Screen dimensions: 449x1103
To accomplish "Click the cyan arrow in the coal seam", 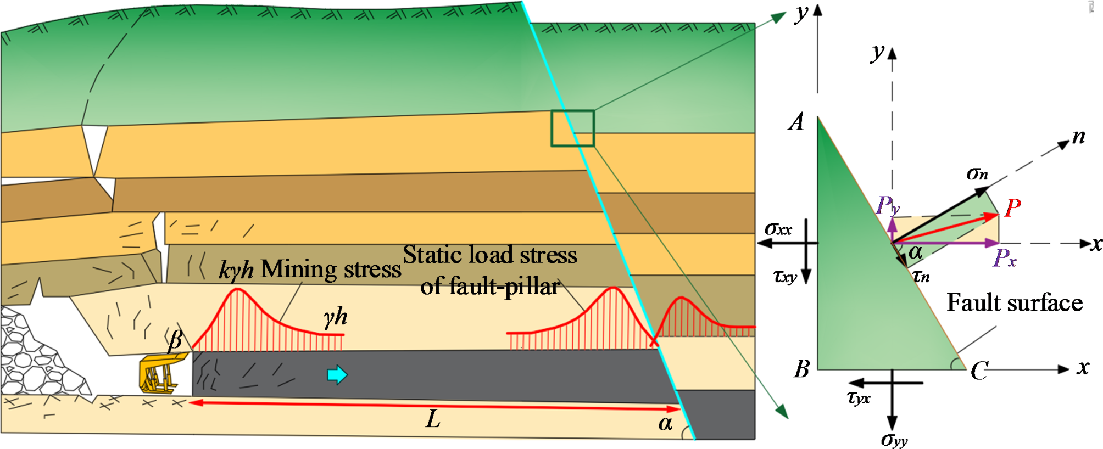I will pyautogui.click(x=337, y=375).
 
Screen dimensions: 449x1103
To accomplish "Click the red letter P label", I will pyautogui.click(x=1012, y=209).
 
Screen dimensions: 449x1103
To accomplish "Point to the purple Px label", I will pyautogui.click(x=1005, y=258).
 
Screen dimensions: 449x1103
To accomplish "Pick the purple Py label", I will pyautogui.click(x=887, y=206).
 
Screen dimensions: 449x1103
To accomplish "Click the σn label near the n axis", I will pyautogui.click(x=977, y=175).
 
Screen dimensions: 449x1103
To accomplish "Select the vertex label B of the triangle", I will pyautogui.click(x=802, y=369).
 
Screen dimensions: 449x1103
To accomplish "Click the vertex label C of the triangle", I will pyautogui.click(x=979, y=371).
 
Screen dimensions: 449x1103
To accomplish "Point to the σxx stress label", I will pyautogui.click(x=778, y=228).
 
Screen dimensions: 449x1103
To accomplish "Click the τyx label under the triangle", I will pyautogui.click(x=859, y=397).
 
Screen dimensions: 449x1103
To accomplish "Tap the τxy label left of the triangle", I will pyautogui.click(x=785, y=276).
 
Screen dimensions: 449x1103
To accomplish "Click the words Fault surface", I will pyautogui.click(x=1015, y=303).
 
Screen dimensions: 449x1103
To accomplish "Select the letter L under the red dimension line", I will pyautogui.click(x=433, y=420).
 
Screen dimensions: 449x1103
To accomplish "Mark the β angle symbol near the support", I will pyautogui.click(x=175, y=340).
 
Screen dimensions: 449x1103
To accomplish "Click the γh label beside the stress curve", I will pyautogui.click(x=335, y=317).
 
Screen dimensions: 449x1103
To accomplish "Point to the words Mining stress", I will pyautogui.click(x=331, y=270).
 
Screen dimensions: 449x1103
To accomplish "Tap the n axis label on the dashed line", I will pyautogui.click(x=1079, y=136).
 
